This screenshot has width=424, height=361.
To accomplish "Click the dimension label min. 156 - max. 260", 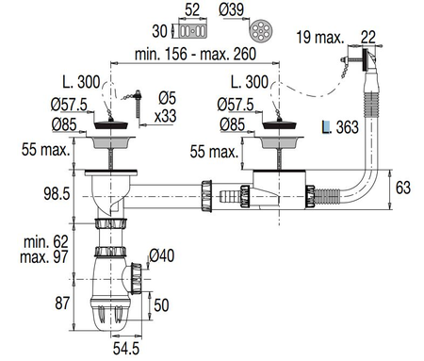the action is tap(195, 54).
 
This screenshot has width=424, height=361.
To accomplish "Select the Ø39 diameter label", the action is tap(231, 9).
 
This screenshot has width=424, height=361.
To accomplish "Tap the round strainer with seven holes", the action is tap(261, 30).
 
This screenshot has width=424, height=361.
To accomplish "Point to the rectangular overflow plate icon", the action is tap(192, 31).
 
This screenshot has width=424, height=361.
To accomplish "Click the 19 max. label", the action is tap(320, 38).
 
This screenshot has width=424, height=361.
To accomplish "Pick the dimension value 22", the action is tap(368, 38).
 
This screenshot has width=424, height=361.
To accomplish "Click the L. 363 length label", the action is tap(340, 127).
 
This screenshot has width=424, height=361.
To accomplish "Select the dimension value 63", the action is tap(403, 188).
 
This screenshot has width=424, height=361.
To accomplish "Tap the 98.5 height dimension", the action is tap(57, 193).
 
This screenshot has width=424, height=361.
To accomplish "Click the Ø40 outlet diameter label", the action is tap(162, 255).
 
